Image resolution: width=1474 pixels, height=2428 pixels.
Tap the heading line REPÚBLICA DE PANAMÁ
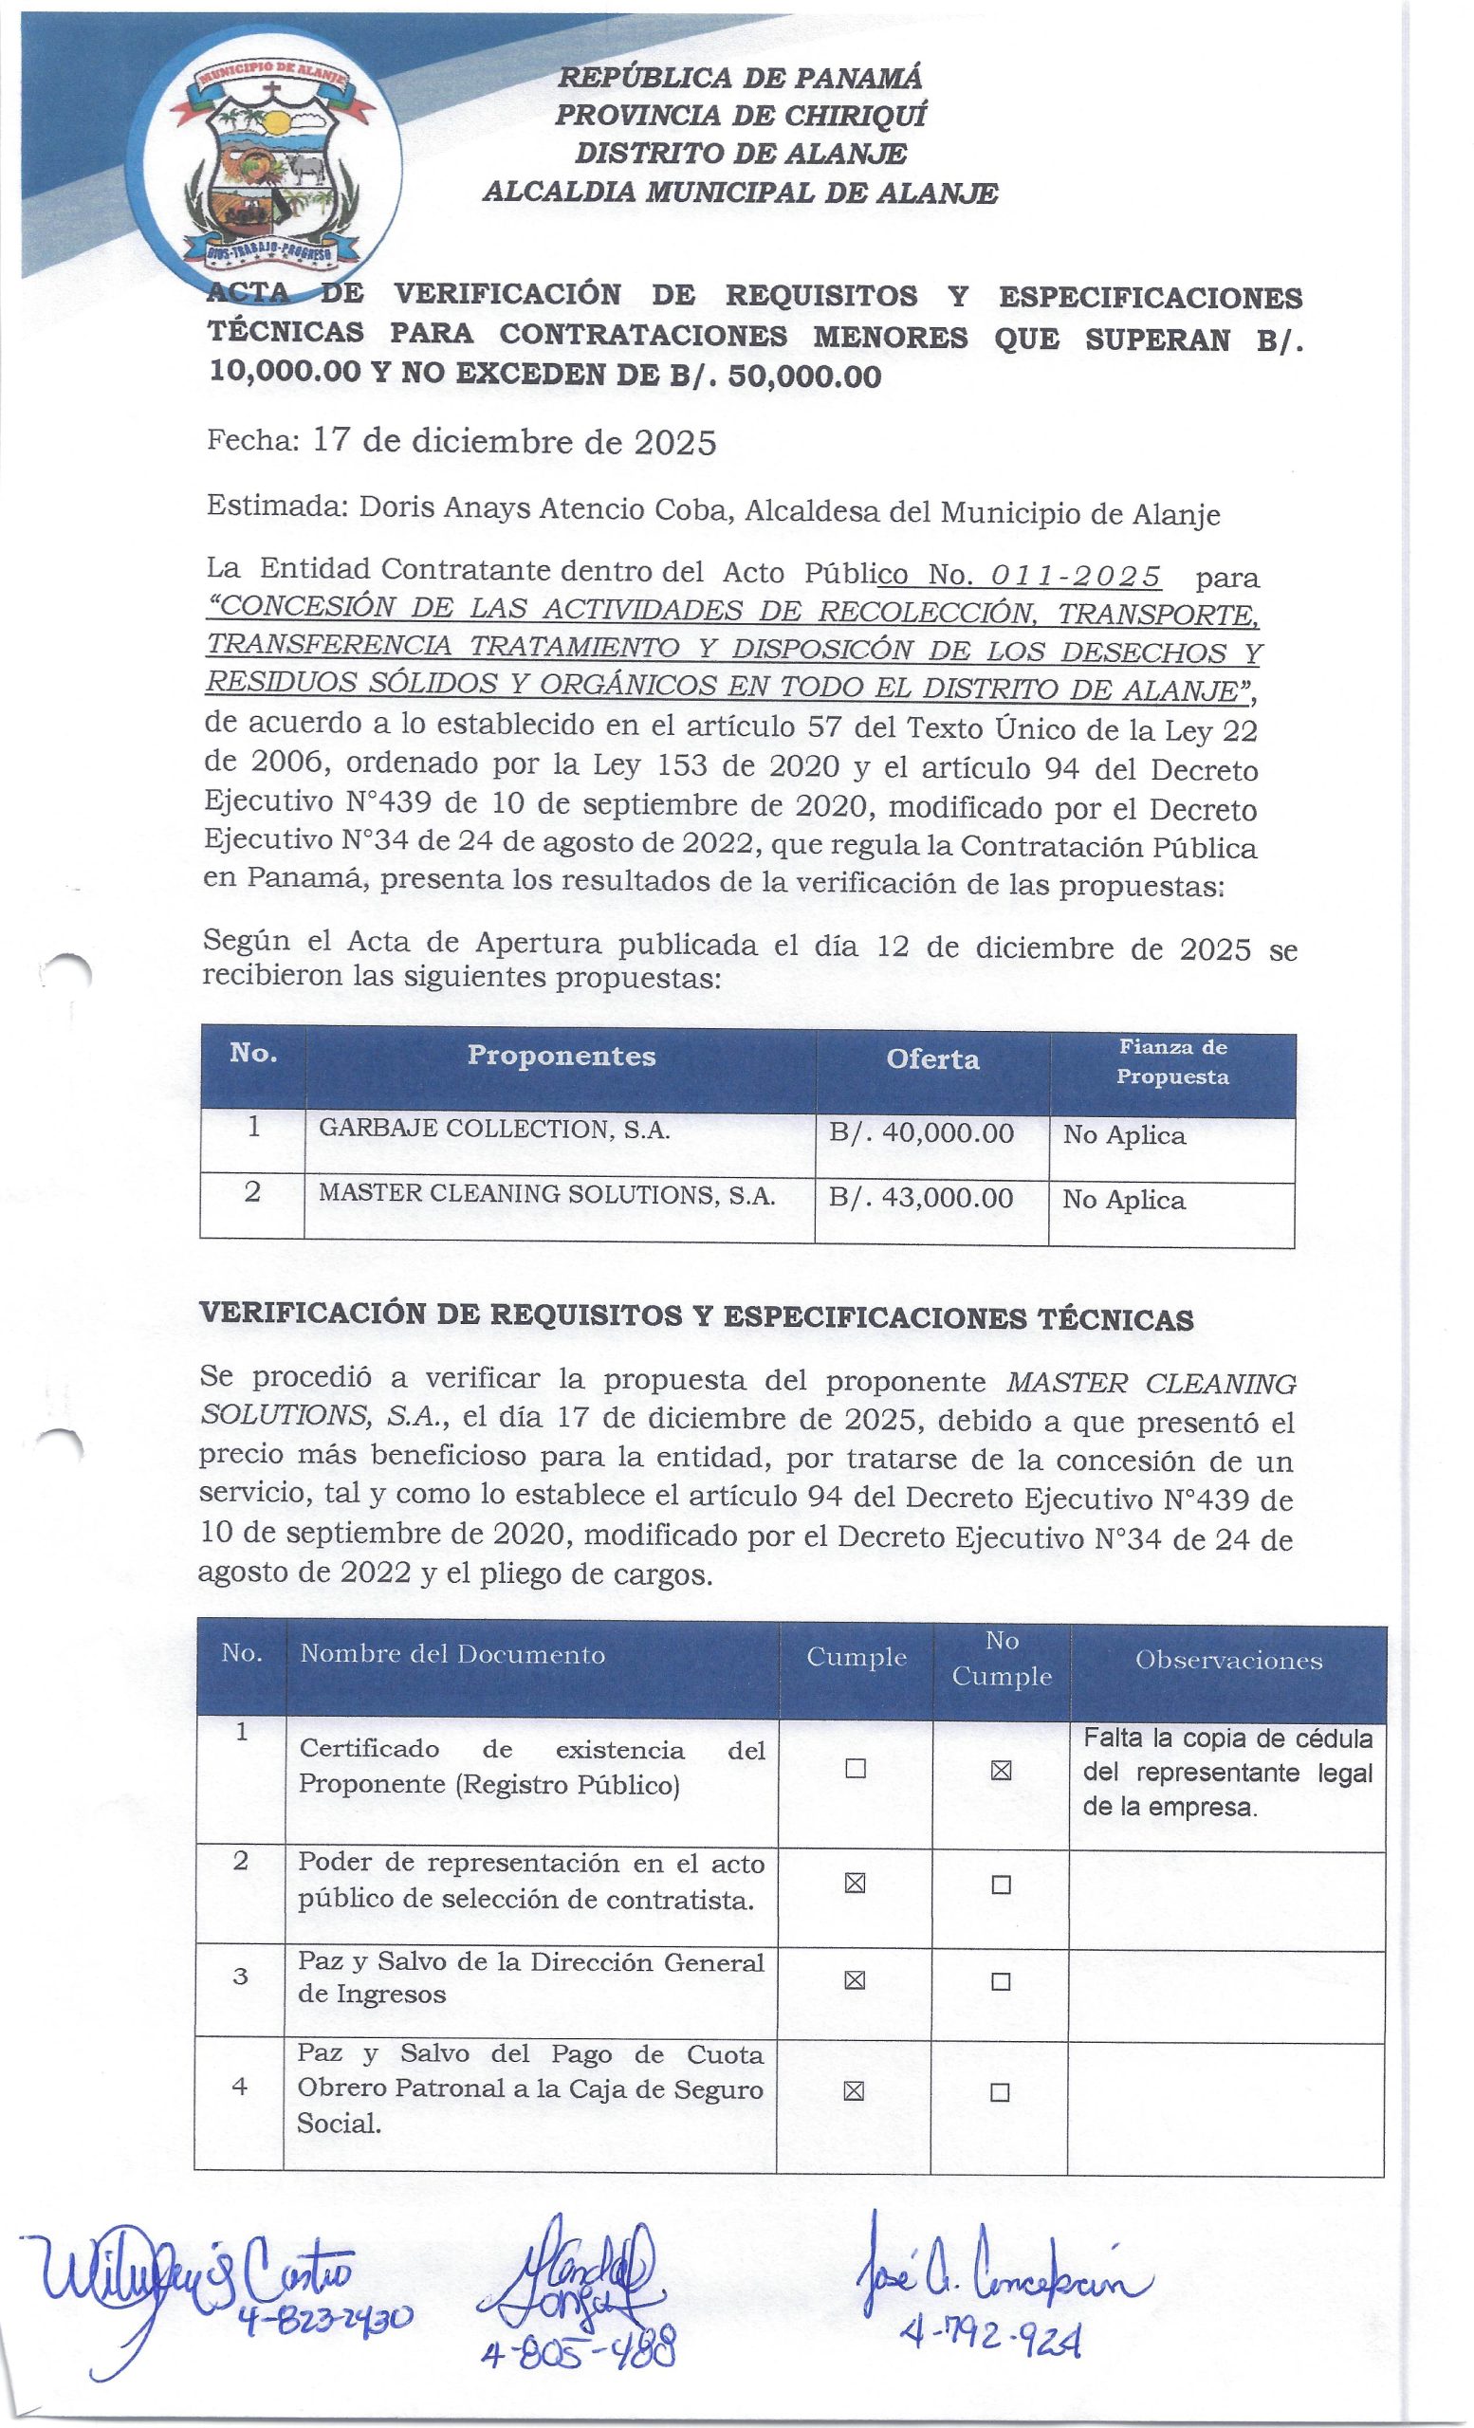click(x=740, y=77)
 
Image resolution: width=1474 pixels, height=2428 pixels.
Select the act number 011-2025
click(x=1075, y=576)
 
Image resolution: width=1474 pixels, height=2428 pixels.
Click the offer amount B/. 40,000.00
click(x=921, y=1133)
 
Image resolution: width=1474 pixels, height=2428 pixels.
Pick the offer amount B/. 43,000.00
click(x=921, y=1197)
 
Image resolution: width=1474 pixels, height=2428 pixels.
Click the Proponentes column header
click(x=561, y=1057)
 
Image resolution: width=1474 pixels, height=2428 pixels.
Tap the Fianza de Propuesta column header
click(x=1171, y=1061)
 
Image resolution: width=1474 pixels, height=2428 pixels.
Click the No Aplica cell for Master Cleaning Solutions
click(x=1123, y=1199)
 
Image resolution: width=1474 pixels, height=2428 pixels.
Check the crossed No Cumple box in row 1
click(x=1000, y=1771)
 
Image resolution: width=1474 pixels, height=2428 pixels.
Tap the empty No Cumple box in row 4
click(x=1000, y=2093)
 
